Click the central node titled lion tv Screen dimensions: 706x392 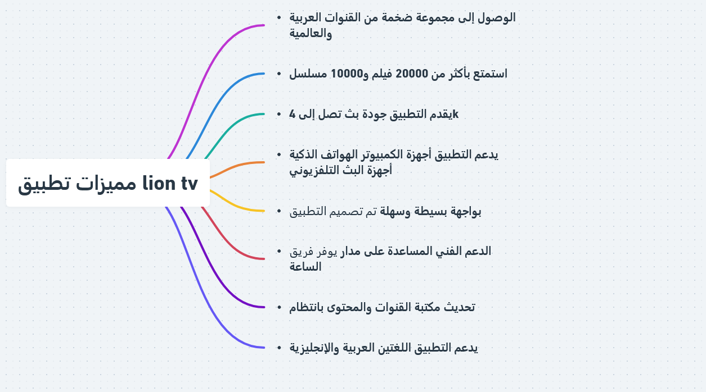108,183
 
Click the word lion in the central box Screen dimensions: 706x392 159,183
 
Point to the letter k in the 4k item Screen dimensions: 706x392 456,114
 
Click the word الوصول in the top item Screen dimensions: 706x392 496,17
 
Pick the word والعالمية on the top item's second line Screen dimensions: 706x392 311,33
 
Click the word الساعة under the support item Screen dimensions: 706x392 305,267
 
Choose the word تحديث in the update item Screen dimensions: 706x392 460,307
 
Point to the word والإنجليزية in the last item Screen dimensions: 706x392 314,348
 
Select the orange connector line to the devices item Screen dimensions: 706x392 236,167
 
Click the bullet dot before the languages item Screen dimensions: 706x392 278,348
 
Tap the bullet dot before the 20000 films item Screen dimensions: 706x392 278,74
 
